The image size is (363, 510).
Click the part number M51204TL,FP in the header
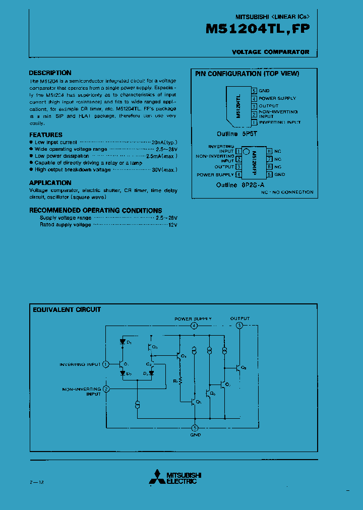[258, 29]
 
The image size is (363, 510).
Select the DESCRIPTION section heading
[50, 73]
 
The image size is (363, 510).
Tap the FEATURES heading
[46, 135]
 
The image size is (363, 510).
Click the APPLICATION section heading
[50, 183]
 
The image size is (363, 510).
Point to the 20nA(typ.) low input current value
[164, 143]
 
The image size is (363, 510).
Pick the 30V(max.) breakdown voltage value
[164, 170]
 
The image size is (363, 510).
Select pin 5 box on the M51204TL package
[255, 91]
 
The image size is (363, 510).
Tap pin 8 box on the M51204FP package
[270, 151]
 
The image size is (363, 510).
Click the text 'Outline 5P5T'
[236, 134]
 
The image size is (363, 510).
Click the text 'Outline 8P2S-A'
[239, 185]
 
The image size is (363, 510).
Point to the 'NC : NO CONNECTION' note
[287, 192]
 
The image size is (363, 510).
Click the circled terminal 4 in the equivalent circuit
[194, 326]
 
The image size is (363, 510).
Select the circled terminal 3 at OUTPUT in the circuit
[239, 326]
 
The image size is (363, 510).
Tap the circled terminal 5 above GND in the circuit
[195, 428]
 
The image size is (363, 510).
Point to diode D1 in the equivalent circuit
[122, 341]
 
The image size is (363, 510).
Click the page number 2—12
[37, 482]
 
